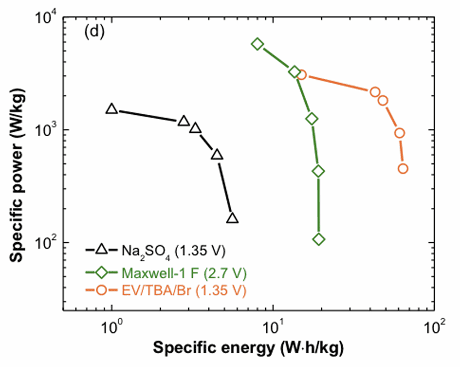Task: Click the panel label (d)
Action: [x=94, y=32]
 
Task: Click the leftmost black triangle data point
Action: [x=112, y=109]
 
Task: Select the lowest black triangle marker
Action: [x=232, y=218]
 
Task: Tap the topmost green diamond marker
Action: [x=257, y=44]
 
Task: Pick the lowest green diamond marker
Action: [x=319, y=239]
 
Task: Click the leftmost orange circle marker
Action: [x=301, y=75]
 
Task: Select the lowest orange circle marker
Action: [x=403, y=168]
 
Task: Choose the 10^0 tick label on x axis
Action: [x=112, y=329]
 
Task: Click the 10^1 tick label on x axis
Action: [x=273, y=329]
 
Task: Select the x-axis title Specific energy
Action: [x=249, y=348]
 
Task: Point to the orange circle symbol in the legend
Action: [x=102, y=289]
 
